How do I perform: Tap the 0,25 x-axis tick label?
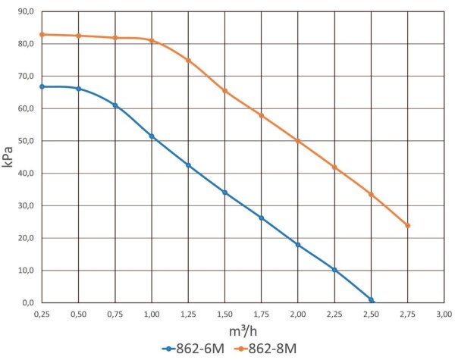pos(42,313)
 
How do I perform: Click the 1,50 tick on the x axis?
pos(224,313)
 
